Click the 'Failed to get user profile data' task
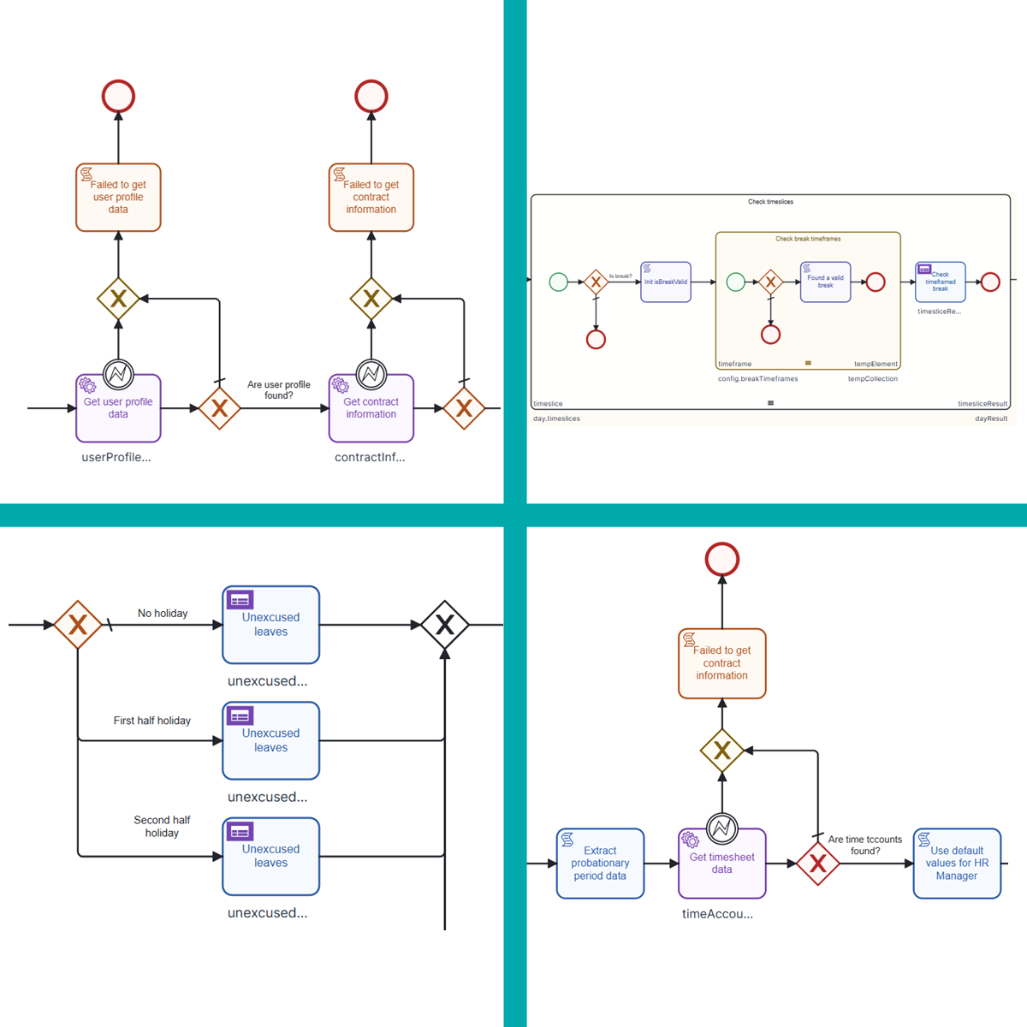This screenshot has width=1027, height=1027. click(x=118, y=198)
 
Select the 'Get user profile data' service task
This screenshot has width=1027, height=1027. click(x=118, y=408)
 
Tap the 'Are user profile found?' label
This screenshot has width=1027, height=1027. click(x=278, y=390)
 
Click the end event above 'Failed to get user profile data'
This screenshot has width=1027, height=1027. click(x=118, y=96)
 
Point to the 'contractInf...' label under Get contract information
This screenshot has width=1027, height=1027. click(x=370, y=457)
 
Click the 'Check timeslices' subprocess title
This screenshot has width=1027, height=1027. click(x=770, y=202)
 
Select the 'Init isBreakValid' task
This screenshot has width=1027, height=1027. click(x=665, y=282)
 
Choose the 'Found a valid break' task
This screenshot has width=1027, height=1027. click(x=825, y=282)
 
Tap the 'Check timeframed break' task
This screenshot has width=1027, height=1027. click(x=940, y=282)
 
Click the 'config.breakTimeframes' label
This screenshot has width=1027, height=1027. click(x=757, y=378)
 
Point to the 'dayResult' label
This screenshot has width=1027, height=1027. click(x=990, y=419)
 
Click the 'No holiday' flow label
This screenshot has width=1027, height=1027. click(x=163, y=614)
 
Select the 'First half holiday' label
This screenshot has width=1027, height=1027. click(x=152, y=721)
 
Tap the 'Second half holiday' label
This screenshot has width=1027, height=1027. click(x=162, y=826)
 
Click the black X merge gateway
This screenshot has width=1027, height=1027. click(x=445, y=625)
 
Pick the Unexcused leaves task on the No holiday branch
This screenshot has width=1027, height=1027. click(x=270, y=625)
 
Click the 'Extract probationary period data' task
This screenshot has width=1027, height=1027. click(x=600, y=864)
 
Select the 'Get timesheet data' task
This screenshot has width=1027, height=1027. click(x=721, y=864)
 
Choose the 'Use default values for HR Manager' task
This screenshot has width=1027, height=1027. click(x=956, y=864)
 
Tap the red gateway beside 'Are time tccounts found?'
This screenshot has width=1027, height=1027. click(x=818, y=864)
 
